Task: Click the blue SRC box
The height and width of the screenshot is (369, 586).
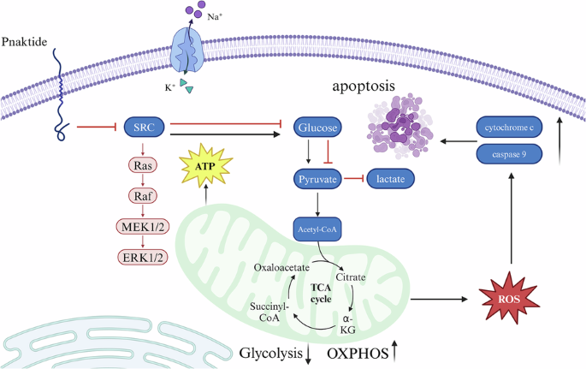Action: click(x=143, y=128)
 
